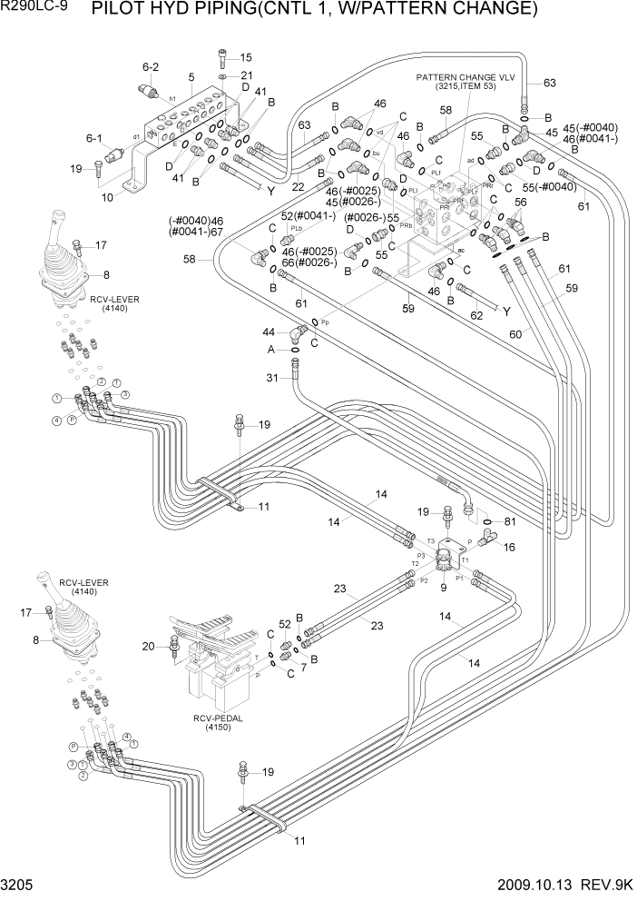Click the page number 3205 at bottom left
18,888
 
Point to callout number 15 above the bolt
246,57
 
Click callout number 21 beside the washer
246,75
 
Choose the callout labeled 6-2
151,66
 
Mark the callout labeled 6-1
94,138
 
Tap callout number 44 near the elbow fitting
269,332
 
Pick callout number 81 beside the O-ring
508,521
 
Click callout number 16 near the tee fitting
508,547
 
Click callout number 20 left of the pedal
150,646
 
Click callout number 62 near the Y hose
476,318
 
